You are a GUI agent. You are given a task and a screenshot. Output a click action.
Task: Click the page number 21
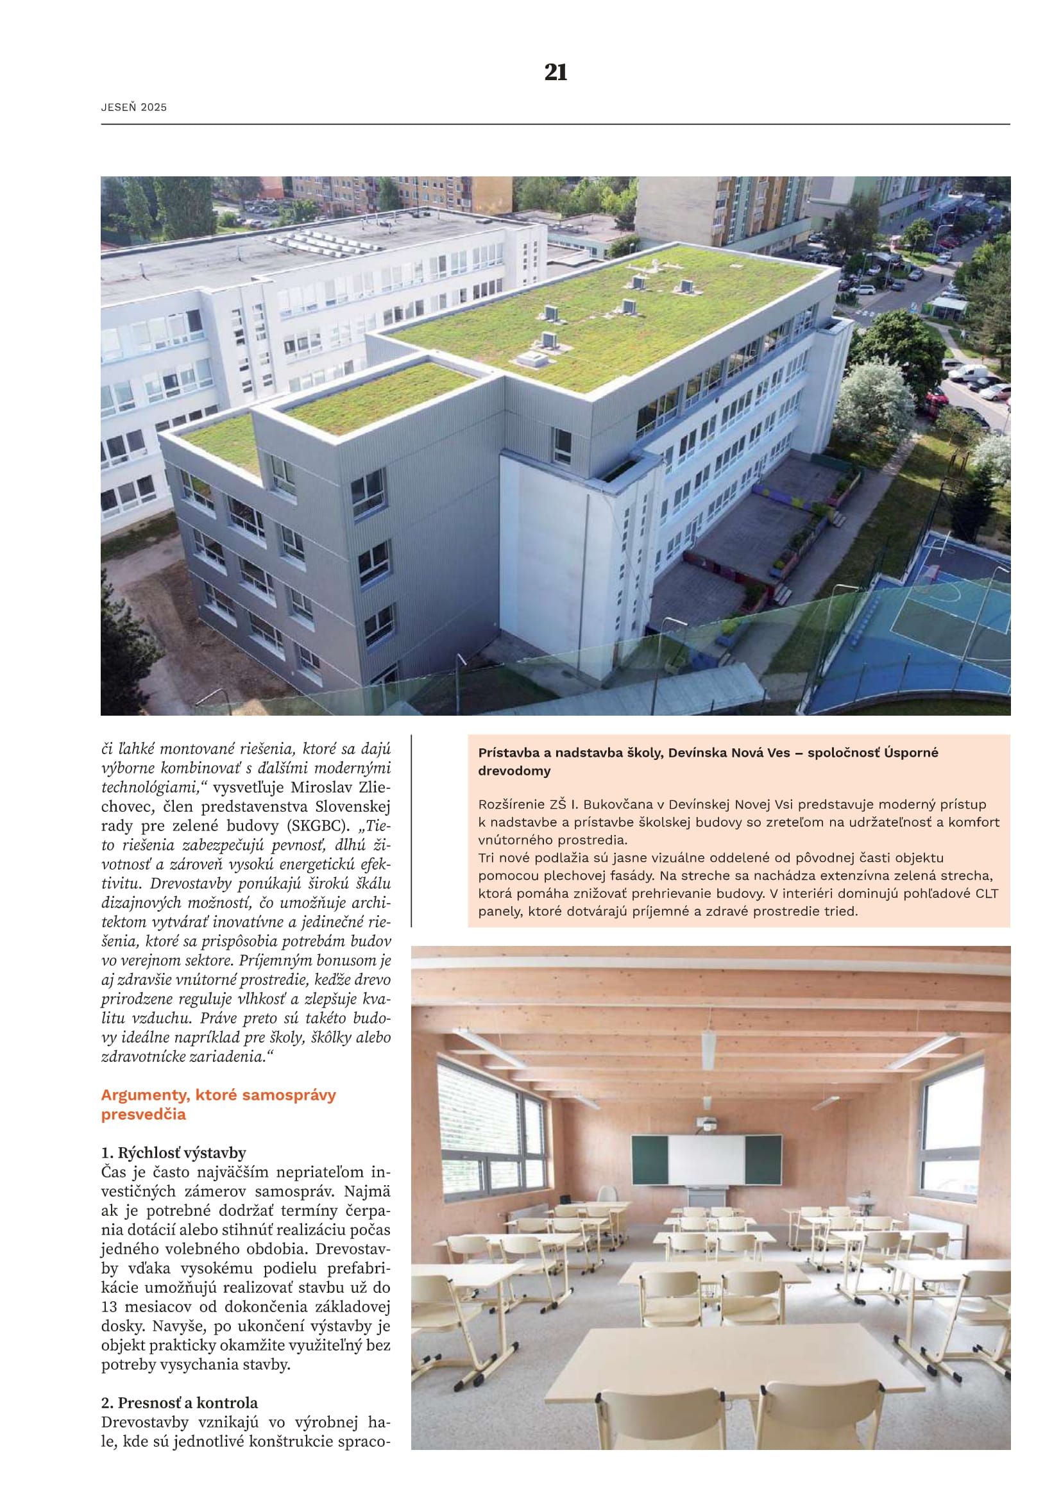click(x=556, y=72)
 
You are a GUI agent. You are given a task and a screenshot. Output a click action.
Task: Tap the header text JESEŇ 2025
click(x=134, y=107)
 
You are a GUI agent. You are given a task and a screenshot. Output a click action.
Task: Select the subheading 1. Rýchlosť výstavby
click(x=173, y=1152)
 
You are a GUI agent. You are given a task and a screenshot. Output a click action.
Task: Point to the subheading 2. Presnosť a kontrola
click(x=179, y=1403)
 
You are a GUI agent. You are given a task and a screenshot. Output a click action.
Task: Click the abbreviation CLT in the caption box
click(x=987, y=893)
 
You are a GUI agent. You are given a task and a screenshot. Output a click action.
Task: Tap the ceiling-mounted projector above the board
click(x=707, y=1125)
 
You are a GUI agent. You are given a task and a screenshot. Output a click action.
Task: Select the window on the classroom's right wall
click(x=951, y=1136)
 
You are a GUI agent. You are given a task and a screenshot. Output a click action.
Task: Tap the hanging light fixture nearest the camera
click(x=708, y=1050)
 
